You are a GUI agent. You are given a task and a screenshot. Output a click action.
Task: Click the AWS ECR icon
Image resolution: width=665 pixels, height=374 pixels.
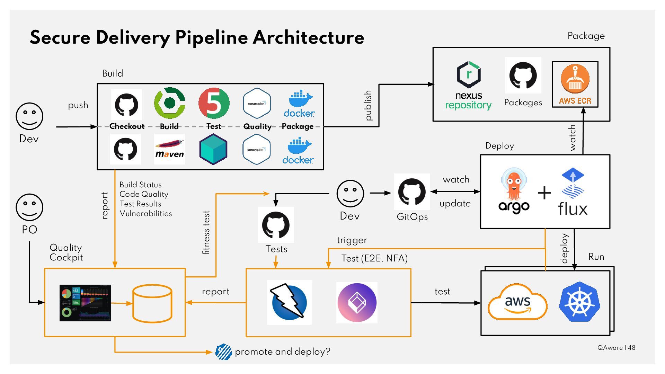tap(575, 84)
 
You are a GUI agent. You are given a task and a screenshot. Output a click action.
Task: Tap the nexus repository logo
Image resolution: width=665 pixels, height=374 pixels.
tap(469, 85)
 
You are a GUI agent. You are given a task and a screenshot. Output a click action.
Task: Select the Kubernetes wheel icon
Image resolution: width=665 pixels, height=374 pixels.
tap(579, 301)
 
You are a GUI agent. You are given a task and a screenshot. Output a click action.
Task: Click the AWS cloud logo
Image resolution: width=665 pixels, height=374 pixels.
tap(517, 302)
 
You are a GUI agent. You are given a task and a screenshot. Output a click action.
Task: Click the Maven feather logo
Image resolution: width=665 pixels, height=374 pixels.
tap(169, 149)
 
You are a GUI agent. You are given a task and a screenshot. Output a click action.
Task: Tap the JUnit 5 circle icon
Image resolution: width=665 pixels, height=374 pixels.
tap(214, 103)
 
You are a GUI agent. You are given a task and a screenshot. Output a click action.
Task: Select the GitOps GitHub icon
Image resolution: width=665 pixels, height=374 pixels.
tap(412, 192)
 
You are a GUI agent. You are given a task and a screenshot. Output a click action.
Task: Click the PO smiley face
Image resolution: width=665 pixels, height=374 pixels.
tap(29, 207)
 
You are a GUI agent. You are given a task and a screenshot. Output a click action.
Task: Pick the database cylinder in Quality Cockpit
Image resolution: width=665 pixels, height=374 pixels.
tap(152, 303)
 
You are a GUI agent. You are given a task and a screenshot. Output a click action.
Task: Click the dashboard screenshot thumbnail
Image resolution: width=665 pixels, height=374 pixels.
tap(85, 303)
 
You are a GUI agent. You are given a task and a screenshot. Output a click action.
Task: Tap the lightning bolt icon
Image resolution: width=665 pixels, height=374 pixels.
tap(289, 302)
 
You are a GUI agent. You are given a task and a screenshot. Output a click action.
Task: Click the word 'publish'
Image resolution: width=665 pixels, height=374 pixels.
tap(369, 106)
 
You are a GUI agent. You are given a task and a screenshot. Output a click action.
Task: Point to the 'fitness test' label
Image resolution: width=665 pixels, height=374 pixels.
tap(206, 232)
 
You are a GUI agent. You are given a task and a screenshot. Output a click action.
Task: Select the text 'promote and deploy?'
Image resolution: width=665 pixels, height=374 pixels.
tap(282, 352)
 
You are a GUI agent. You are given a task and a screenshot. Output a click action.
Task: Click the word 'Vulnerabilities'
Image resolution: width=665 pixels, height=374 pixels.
tap(146, 214)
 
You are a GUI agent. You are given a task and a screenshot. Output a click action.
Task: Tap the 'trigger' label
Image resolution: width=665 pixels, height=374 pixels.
tap(352, 240)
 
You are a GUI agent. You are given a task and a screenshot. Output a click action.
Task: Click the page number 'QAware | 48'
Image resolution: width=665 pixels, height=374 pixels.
tap(616, 348)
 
